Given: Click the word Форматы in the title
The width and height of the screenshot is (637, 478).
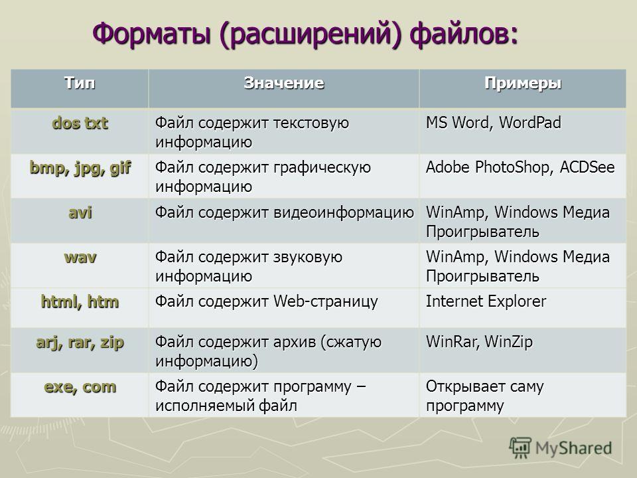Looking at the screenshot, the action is [x=152, y=33].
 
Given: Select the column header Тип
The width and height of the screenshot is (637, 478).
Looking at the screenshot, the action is [x=80, y=83].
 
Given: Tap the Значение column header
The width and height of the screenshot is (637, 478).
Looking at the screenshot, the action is [x=284, y=83].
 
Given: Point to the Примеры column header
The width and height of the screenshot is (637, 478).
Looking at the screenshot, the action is [x=523, y=84].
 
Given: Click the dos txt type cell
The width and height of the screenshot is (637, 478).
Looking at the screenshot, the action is [x=80, y=123].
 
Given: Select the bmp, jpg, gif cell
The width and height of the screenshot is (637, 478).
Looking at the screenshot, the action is [x=80, y=168].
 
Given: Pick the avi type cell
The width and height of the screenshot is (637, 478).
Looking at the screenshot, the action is [x=80, y=212].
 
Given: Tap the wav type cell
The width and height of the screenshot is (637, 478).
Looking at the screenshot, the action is [x=80, y=258].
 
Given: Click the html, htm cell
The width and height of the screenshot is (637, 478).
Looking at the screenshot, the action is [x=80, y=301].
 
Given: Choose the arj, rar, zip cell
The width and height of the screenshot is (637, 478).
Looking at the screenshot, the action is [x=80, y=343].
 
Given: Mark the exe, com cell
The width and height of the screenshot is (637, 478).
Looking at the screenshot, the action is [x=80, y=386].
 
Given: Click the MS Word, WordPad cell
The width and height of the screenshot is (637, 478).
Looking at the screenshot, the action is [x=493, y=123].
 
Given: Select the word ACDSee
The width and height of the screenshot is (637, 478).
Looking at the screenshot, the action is [x=587, y=167].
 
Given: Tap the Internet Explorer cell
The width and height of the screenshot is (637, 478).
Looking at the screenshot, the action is [x=486, y=301].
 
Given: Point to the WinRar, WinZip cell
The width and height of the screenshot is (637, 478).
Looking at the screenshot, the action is [x=479, y=343].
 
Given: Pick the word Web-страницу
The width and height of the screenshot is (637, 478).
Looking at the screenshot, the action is [x=325, y=302].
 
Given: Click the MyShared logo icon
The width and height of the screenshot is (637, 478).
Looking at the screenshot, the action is [x=520, y=448].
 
